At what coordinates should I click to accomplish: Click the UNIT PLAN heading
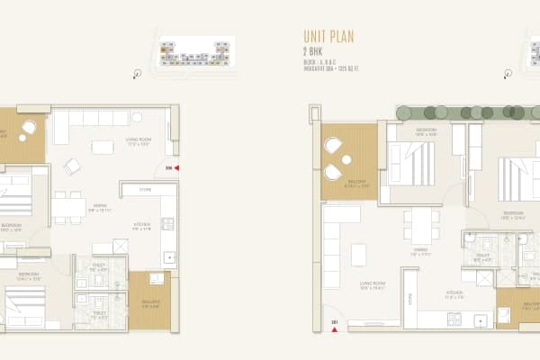pyautogui.click(x=329, y=38)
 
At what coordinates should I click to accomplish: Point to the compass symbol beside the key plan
pyautogui.click(x=137, y=75)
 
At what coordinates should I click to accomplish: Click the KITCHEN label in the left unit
pyautogui.click(x=140, y=227)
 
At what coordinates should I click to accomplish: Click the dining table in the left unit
pyautogui.click(x=68, y=208)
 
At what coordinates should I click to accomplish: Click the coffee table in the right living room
pyautogui.click(x=359, y=255)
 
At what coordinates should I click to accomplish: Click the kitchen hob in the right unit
pyautogui.click(x=455, y=319)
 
